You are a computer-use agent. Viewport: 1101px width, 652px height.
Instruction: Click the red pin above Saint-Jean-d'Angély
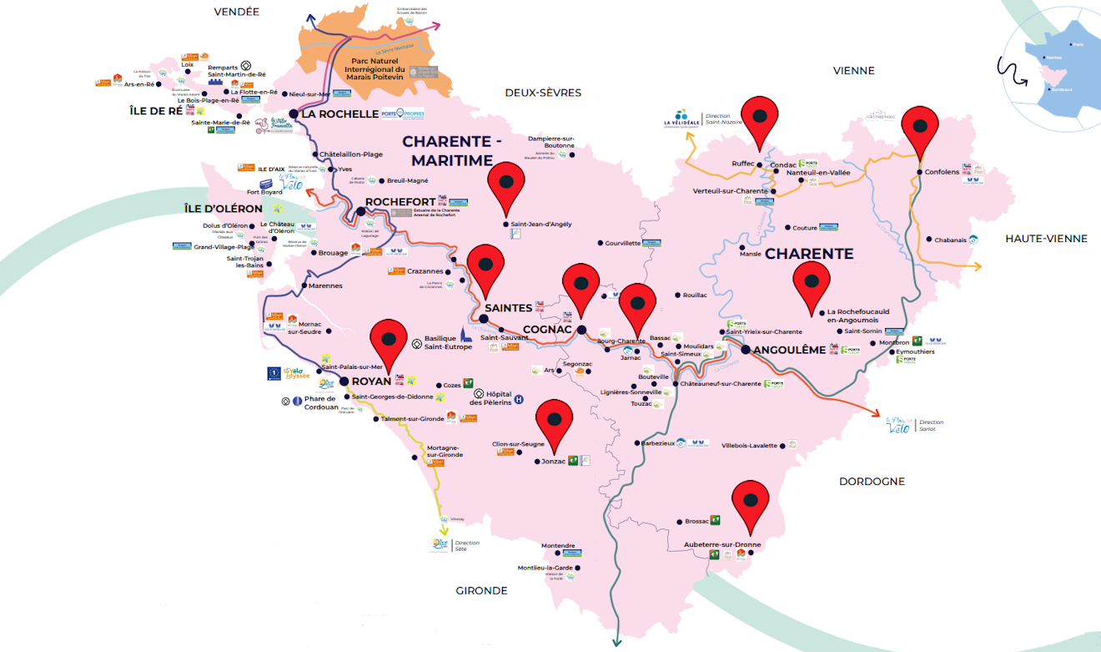(x=505, y=186)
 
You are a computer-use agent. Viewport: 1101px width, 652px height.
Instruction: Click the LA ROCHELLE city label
(x=339, y=114)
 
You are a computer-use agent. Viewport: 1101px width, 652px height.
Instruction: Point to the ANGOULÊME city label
(x=788, y=350)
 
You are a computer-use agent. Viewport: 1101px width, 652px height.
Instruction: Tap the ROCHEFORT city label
(x=400, y=202)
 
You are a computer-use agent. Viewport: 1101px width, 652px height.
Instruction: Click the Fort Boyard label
(x=264, y=192)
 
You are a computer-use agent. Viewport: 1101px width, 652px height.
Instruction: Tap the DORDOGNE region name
(x=872, y=482)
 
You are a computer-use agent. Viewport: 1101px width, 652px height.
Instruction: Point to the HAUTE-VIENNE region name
(x=1046, y=239)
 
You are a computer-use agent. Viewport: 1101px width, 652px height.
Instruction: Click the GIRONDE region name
(x=481, y=591)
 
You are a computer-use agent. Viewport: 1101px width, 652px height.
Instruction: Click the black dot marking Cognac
(x=582, y=329)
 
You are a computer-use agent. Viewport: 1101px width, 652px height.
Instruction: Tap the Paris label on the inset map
(x=1078, y=44)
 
